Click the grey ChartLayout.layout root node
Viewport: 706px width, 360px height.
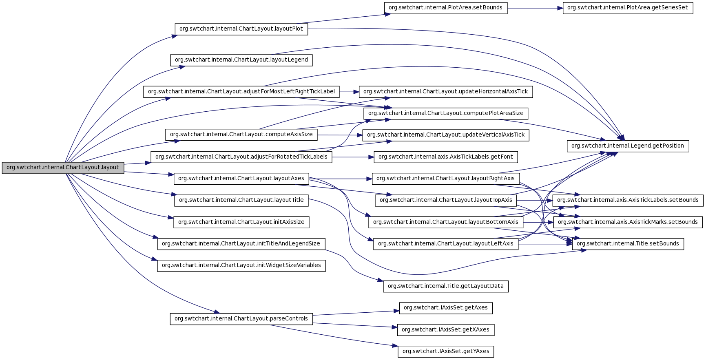tap(63, 168)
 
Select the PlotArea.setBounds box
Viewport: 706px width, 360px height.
tap(445, 8)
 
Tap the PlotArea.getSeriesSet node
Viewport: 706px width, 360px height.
tap(627, 8)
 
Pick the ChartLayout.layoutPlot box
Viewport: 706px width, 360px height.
tap(241, 29)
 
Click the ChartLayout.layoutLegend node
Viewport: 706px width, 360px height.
tap(241, 60)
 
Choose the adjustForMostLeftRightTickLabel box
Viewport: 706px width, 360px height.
tap(241, 92)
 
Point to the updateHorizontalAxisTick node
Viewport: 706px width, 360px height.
tap(445, 92)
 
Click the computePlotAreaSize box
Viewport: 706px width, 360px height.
tap(446, 113)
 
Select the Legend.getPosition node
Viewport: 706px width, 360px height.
tap(627, 146)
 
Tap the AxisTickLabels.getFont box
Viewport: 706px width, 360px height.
tap(446, 157)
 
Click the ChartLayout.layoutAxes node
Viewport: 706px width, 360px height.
tap(241, 179)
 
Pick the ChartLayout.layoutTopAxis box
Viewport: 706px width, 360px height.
tap(446, 200)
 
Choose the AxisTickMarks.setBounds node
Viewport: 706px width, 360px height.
tap(628, 222)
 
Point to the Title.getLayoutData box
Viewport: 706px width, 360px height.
tap(445, 286)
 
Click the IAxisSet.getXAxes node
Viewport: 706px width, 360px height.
tap(445, 330)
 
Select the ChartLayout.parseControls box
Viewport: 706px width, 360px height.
tap(241, 319)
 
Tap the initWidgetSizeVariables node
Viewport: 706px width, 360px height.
tap(241, 265)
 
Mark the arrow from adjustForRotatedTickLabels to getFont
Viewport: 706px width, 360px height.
tap(353, 157)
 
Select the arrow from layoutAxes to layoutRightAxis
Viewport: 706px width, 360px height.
tap(341, 179)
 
